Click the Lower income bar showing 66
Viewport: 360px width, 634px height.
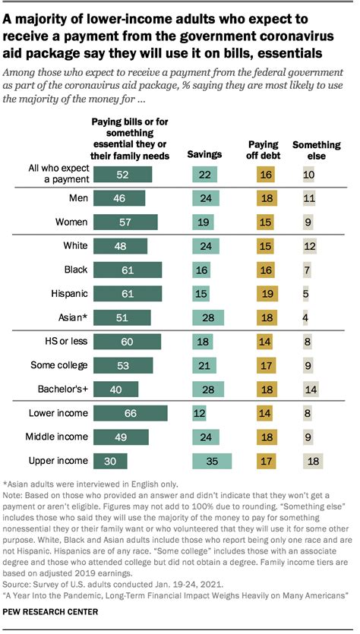tap(130, 413)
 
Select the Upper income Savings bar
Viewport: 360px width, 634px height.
tap(212, 461)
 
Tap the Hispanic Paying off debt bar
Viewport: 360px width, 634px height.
tap(267, 293)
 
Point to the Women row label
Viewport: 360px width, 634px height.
tap(71, 222)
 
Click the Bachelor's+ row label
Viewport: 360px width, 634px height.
tap(63, 389)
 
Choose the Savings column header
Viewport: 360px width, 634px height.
tap(204, 154)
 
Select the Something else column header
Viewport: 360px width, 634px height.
tap(317, 150)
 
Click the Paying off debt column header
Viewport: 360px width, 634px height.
tap(264, 150)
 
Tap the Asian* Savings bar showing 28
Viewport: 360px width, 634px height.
tap(208, 317)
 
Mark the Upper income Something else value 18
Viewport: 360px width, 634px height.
tap(313, 461)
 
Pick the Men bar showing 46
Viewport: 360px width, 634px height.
tap(119, 198)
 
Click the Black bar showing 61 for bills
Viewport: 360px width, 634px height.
tap(128, 270)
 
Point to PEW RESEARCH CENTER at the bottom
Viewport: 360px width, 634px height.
tap(50, 612)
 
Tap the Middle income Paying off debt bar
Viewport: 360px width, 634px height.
tap(267, 437)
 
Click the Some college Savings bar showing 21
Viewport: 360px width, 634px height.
tap(204, 365)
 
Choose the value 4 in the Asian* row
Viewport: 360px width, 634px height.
tap(305, 317)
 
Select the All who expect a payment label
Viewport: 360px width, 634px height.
tap(58, 174)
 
